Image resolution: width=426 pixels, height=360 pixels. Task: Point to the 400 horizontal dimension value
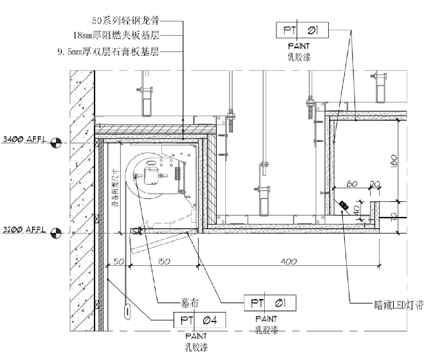(x=289, y=262)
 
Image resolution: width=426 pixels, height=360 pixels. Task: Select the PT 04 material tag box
(x=199, y=320)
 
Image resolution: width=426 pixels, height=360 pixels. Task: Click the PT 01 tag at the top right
(x=302, y=31)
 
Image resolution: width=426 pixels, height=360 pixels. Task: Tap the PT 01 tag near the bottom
(x=270, y=303)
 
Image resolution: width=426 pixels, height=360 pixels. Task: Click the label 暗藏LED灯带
(x=399, y=305)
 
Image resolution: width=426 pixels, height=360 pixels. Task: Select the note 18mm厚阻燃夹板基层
(x=116, y=35)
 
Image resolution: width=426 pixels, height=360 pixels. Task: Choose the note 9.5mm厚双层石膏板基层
(x=108, y=52)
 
